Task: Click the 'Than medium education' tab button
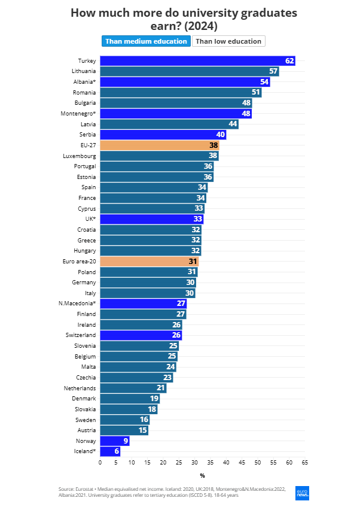pos(145,41)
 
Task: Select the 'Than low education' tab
pos(228,41)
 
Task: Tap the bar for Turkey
pos(197,61)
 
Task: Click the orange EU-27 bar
pos(159,145)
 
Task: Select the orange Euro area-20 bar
pos(149,262)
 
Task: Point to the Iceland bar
pos(109,451)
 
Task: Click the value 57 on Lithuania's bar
pos(273,71)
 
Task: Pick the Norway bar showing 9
pos(114,441)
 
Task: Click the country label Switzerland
pos(81,335)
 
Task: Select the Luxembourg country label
pos(79,156)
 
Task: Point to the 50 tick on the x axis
pos(258,463)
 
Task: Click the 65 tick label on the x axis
pos(305,463)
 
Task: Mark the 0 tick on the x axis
pos(100,463)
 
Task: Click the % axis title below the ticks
pos(202,476)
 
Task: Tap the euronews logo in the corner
pos(303,491)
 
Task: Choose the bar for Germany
pos(147,283)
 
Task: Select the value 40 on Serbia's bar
pos(220,135)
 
